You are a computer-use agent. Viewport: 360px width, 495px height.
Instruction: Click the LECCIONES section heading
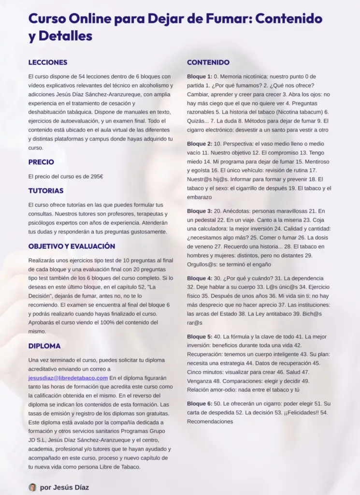tap(48, 62)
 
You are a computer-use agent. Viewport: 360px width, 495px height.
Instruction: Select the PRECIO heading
tap(41, 162)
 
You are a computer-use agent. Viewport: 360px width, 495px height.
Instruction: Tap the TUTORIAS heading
tap(46, 191)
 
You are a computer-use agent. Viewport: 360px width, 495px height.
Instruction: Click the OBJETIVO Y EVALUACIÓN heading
tap(72, 246)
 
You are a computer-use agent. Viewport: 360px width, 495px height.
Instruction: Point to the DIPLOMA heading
tap(44, 346)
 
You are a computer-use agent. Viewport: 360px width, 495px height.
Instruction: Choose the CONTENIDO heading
tap(208, 62)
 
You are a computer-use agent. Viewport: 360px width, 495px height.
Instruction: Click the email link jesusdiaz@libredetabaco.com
tap(68, 378)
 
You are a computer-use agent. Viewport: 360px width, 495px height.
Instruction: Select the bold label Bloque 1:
tap(200, 77)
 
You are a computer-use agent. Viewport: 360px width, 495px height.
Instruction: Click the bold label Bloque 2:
tap(200, 144)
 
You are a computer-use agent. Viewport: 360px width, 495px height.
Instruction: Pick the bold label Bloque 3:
tap(200, 211)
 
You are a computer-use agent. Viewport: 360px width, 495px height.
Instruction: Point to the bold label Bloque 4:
tap(200, 278)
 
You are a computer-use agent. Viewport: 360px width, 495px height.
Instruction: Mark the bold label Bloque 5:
tap(200, 336)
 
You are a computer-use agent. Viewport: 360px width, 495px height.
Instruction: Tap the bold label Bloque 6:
tap(200, 404)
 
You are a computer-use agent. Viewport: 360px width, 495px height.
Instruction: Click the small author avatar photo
tap(32, 487)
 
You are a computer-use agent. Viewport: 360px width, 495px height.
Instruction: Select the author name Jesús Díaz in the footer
tap(71, 487)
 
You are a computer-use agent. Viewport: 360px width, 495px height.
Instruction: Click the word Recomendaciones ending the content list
tap(210, 421)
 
